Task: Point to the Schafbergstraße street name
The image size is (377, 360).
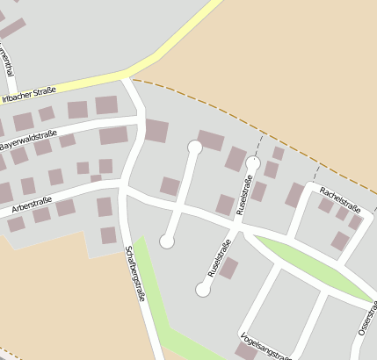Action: tap(135, 272)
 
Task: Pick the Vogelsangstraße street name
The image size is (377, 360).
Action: tap(265, 347)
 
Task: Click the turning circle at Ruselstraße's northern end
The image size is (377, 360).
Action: tap(253, 162)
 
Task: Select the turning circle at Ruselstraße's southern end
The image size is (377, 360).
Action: tap(203, 290)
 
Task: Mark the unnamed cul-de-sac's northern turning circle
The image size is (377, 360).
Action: tap(195, 148)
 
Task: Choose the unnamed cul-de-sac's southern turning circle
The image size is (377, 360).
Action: tap(167, 241)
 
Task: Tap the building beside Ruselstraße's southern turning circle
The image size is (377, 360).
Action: tap(228, 268)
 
